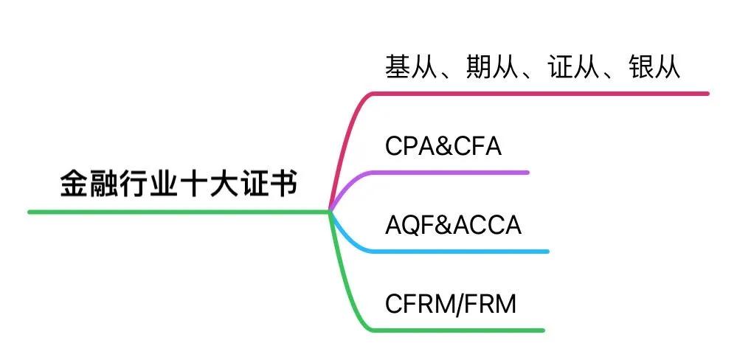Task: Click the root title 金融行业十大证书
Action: tap(179, 184)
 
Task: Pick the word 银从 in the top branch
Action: tap(654, 68)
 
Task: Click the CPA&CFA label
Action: tap(443, 146)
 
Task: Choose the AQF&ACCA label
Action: tap(453, 224)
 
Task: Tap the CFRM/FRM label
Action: tap(451, 303)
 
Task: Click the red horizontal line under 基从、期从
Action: tap(539, 94)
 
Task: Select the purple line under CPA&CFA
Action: tap(450, 172)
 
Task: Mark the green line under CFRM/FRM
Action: tap(457, 330)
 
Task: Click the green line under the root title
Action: tap(177, 212)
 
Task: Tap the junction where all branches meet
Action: tap(329, 212)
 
